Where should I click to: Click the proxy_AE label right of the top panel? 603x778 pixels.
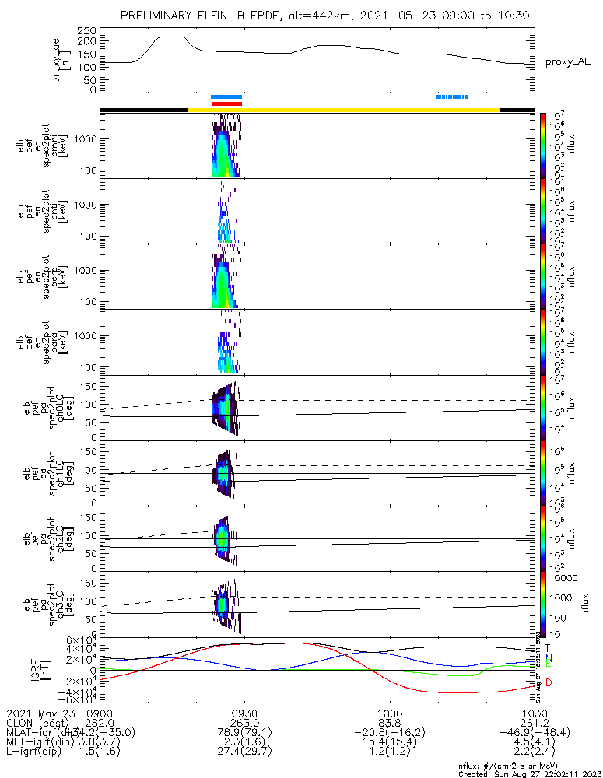coord(569,61)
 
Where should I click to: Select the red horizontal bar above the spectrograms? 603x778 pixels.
coord(226,103)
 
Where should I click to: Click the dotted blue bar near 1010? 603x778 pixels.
coord(451,97)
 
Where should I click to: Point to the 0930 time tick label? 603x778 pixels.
coord(244,713)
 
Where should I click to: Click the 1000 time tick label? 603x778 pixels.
coord(389,713)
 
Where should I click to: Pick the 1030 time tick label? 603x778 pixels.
coord(533,713)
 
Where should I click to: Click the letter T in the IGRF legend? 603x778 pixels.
coord(548,647)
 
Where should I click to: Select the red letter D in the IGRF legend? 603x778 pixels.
coord(549,682)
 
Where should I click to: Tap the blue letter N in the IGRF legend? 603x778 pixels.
coord(548,657)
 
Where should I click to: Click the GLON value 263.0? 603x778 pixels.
coord(244,722)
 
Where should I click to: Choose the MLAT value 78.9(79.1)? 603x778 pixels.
coord(244,732)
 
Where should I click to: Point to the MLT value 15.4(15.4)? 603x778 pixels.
coord(389,741)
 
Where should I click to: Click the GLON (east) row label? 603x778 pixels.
coord(40,722)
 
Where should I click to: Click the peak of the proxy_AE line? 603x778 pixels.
coord(171,37)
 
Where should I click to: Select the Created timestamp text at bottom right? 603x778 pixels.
coord(526,774)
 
